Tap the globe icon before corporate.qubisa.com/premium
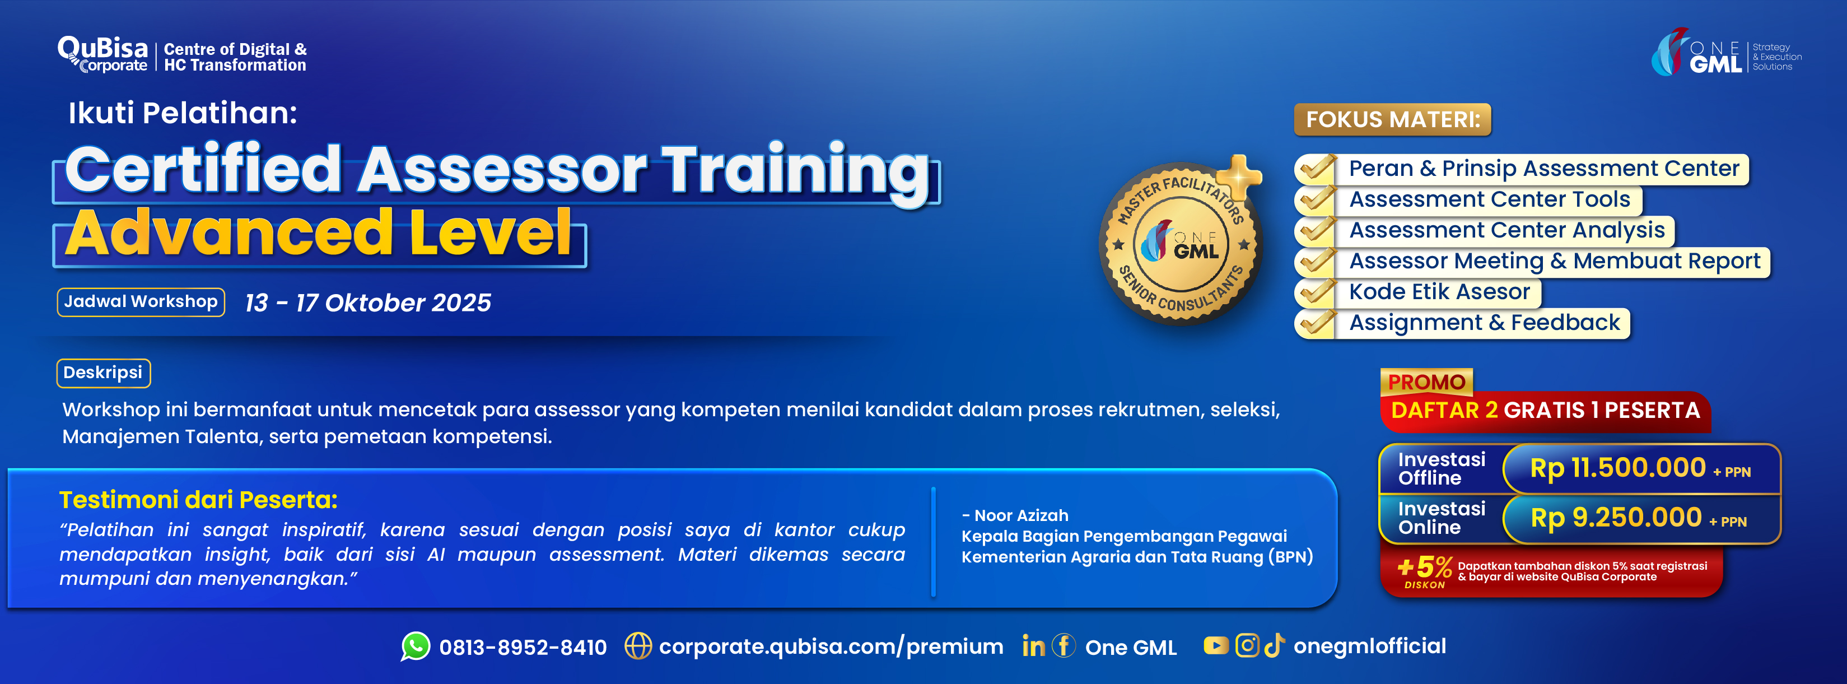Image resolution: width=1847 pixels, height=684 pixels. click(x=637, y=646)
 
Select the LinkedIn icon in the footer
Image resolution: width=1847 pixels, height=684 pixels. click(x=1033, y=646)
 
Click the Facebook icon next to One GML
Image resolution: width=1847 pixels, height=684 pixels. click(x=1064, y=645)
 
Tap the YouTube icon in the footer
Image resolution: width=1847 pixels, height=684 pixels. click(x=1216, y=646)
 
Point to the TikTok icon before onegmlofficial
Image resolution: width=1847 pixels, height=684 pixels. click(x=1274, y=645)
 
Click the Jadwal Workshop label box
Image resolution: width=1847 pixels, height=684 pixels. click(x=141, y=302)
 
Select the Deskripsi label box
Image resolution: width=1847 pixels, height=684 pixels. click(x=103, y=373)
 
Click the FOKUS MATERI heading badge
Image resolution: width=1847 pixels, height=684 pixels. click(x=1392, y=119)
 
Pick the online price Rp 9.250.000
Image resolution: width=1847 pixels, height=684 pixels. click(x=1615, y=518)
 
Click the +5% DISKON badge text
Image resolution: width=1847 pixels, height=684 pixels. click(x=1424, y=571)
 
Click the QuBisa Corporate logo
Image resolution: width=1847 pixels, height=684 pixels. click(x=103, y=54)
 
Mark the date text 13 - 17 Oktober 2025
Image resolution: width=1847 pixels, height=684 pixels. click(x=368, y=303)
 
